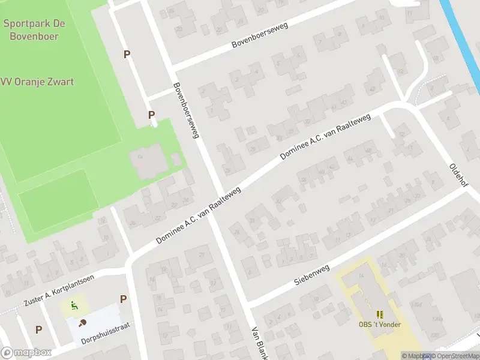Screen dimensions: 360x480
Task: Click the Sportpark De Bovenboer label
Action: point(34,29)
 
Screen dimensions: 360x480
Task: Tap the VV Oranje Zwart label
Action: point(37,82)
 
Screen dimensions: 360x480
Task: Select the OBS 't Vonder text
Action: point(379,325)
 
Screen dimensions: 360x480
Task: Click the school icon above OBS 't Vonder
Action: point(379,314)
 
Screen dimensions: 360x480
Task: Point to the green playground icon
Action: point(74,305)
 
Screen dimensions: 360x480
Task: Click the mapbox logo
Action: point(25,353)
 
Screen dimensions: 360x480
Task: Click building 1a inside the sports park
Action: point(145,162)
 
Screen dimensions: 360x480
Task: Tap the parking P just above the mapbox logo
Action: point(38,329)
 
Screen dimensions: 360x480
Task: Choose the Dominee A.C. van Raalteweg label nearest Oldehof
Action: point(325,138)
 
